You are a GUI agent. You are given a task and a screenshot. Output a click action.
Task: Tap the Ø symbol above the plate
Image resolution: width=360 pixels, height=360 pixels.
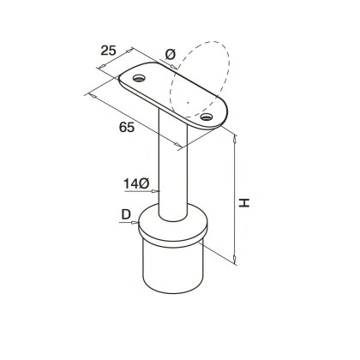coord(169,55)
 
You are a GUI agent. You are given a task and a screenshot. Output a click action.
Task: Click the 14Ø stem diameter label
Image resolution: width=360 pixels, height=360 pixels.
coord(136,183)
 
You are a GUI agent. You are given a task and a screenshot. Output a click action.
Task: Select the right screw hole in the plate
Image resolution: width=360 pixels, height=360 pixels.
coord(206,115)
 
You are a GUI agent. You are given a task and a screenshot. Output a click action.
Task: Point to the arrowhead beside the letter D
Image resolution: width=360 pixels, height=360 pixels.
coord(137,225)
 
